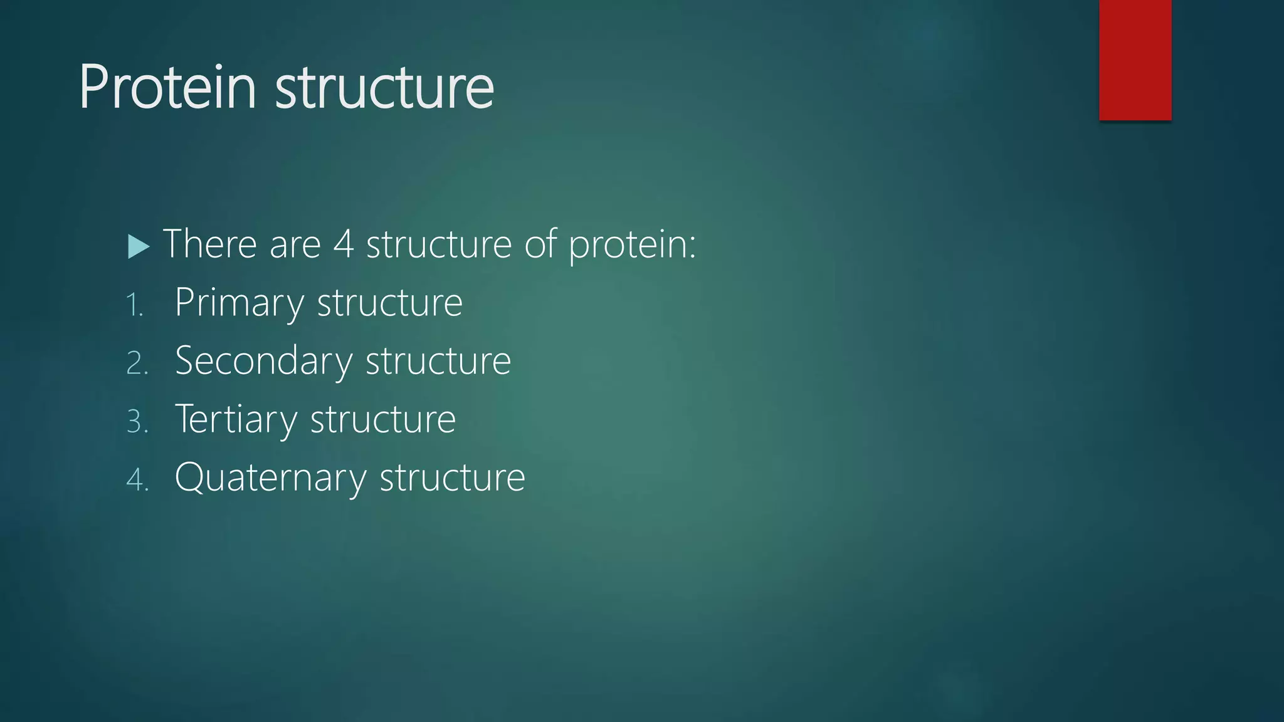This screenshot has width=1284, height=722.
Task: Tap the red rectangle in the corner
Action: [x=1135, y=60]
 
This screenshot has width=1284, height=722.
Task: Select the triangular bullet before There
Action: [x=138, y=246]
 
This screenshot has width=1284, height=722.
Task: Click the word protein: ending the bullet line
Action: [x=632, y=244]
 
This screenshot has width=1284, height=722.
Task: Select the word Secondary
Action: [x=263, y=361]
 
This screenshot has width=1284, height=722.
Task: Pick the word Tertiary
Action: [x=236, y=419]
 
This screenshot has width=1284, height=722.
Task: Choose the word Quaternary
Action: [x=270, y=478]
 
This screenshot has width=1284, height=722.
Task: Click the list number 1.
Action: [x=134, y=305]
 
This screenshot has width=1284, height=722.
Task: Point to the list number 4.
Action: [x=137, y=480]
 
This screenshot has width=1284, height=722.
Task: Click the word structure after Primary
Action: [x=389, y=303]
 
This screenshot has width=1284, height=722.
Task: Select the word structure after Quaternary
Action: [x=452, y=478]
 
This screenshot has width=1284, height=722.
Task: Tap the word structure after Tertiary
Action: [x=382, y=419]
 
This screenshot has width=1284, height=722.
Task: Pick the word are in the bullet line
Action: [x=295, y=244]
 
